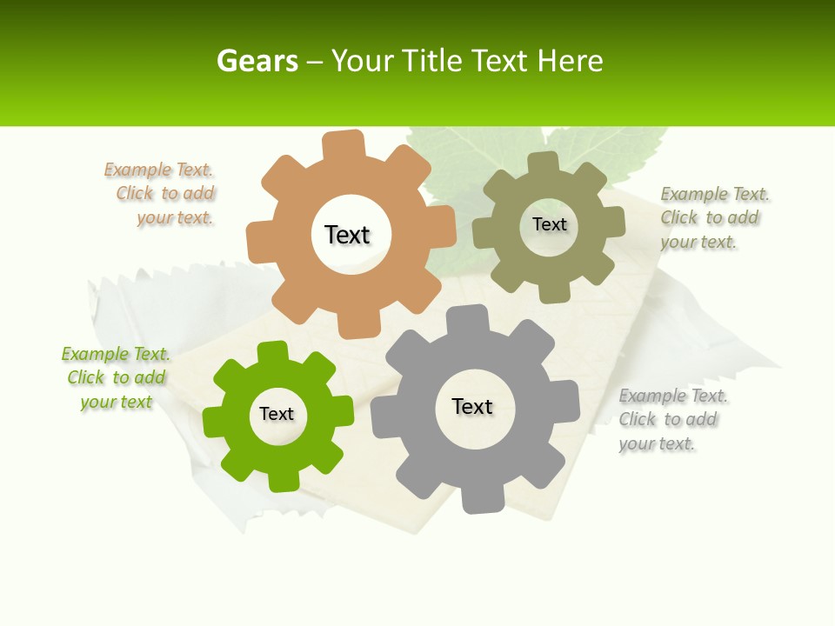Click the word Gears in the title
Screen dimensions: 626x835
(x=257, y=61)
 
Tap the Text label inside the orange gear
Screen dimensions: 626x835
(x=347, y=235)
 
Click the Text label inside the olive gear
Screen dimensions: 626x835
(x=549, y=224)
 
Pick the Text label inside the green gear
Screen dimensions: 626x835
(x=277, y=414)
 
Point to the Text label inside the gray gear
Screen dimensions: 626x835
(x=472, y=406)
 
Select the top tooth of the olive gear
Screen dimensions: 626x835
(x=544, y=163)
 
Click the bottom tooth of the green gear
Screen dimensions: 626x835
(x=282, y=478)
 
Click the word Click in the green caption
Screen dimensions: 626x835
(x=86, y=378)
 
